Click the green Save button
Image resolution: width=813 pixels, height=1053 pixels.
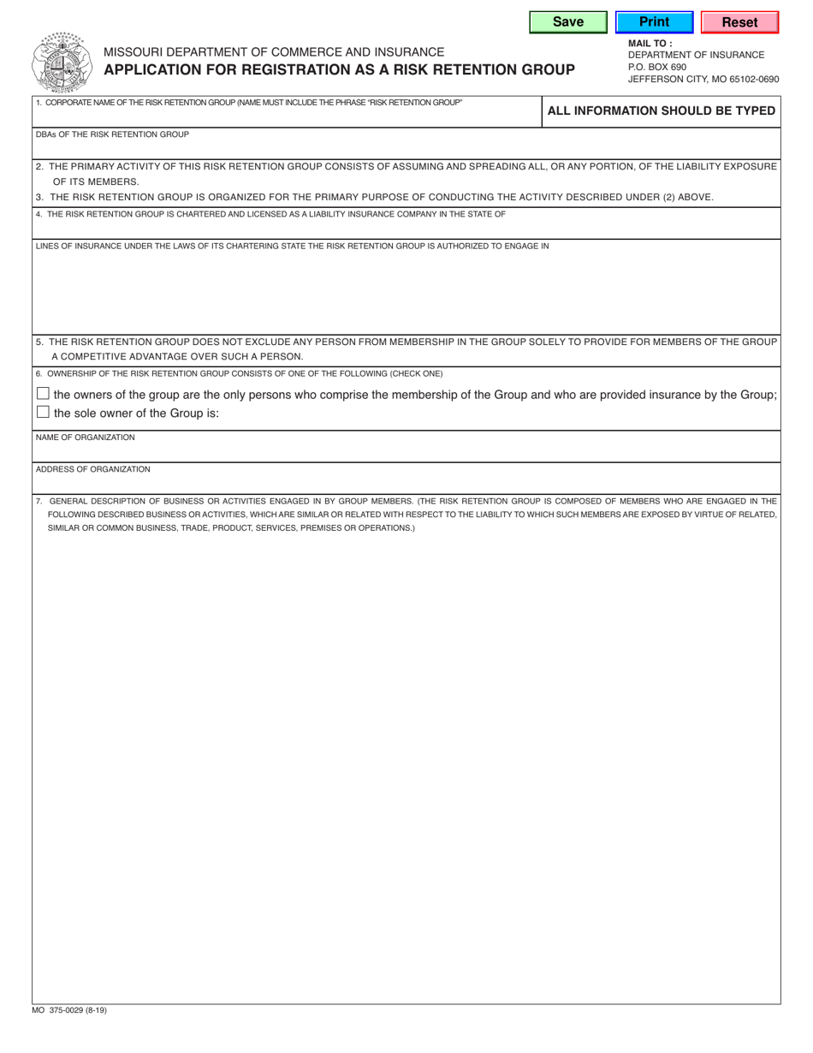568,22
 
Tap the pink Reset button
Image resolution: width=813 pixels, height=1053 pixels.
739,22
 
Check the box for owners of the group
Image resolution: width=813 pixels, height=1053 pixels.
43,394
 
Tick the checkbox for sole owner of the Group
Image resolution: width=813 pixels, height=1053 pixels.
43,413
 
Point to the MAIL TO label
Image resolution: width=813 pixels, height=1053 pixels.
650,43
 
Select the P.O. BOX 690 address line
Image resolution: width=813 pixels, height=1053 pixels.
657,67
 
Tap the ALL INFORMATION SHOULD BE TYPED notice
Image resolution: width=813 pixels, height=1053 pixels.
661,110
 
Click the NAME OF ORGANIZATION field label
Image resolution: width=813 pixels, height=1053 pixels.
85,437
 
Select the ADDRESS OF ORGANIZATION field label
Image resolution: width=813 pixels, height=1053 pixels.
92,469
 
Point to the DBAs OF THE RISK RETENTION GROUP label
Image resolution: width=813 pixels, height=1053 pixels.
112,134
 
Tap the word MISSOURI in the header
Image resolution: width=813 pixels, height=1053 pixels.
137,52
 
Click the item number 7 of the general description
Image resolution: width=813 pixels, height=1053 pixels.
39,501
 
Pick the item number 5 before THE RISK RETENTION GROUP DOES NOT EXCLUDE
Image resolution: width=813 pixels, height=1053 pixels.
39,342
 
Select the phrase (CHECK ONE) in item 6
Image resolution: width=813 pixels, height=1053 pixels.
416,373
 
